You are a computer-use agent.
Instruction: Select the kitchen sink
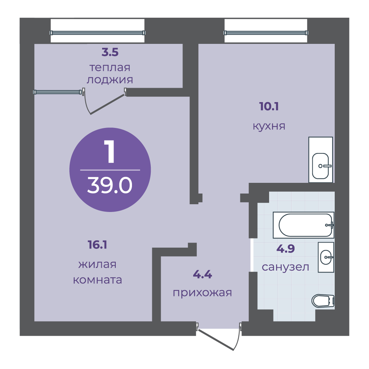(320, 166)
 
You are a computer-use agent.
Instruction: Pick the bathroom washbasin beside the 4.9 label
(326, 257)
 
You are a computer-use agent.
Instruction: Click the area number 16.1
(98, 244)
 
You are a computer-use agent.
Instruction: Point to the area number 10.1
(269, 107)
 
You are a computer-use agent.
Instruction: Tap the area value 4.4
(202, 274)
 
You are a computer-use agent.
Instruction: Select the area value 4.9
(285, 249)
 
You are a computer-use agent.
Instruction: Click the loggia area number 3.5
(110, 52)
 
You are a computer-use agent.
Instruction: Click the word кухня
(269, 126)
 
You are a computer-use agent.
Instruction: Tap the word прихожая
(202, 293)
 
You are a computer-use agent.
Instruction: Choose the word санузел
(285, 267)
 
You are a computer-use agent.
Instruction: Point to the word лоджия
(109, 80)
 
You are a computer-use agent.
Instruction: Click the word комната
(98, 280)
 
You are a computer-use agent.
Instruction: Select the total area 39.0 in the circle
(110, 186)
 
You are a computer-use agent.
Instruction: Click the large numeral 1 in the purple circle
(109, 153)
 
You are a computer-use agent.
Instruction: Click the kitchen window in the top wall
(265, 32)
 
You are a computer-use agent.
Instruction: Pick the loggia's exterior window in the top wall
(97, 32)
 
